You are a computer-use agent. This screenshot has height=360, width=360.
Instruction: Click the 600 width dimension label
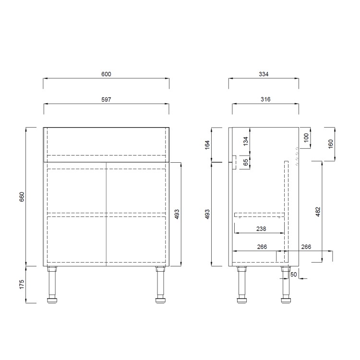(106, 74)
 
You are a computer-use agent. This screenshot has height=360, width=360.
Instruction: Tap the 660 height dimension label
(22, 197)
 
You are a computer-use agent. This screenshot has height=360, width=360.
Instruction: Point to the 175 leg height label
(22, 284)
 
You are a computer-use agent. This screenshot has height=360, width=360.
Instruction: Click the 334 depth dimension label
(263, 74)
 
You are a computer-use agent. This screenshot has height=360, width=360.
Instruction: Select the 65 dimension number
(245, 162)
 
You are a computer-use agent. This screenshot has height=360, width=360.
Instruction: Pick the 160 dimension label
(331, 144)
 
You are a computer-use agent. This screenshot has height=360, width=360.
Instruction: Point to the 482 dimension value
(318, 212)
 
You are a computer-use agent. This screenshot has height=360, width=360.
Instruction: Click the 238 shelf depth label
(261, 229)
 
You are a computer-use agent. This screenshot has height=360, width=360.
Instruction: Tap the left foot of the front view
(52, 301)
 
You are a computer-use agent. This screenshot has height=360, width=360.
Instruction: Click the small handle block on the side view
(233, 163)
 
